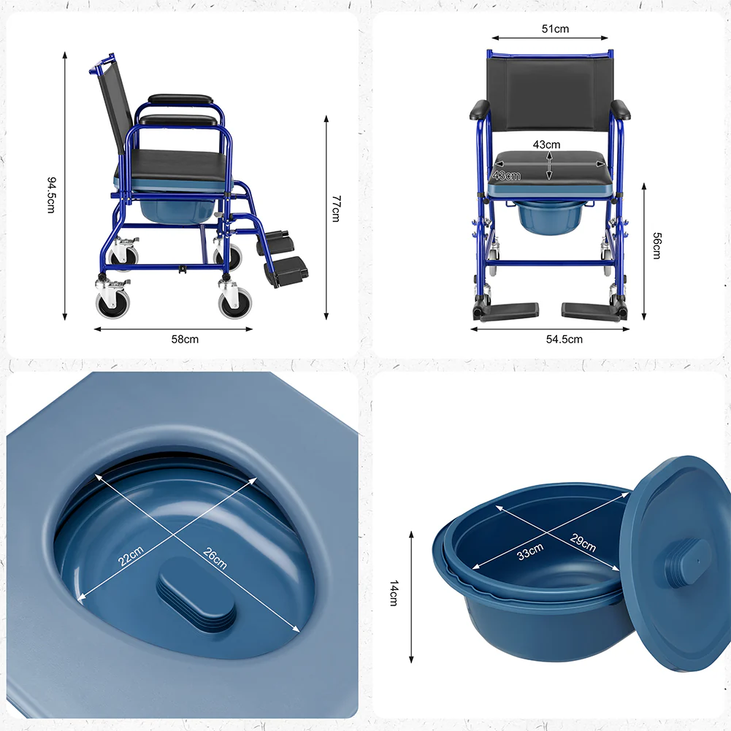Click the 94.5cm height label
[51, 195]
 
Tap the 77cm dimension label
[336, 208]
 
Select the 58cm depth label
[185, 340]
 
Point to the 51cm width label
[555, 29]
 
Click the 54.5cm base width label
[564, 340]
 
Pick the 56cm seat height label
[657, 245]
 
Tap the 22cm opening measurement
[131, 556]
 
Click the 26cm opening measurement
[215, 558]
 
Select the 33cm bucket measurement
[530, 551]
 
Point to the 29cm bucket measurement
[583, 543]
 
